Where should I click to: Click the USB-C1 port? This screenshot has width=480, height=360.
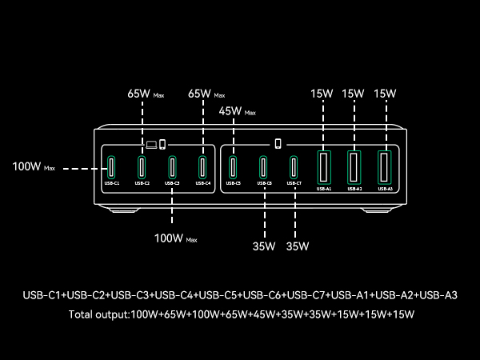click(112, 168)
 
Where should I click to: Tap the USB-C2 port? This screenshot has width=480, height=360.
click(142, 168)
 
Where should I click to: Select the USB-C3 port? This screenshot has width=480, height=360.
click(172, 168)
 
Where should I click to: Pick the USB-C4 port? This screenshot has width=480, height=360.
click(202, 168)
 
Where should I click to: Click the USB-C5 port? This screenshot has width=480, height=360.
click(234, 168)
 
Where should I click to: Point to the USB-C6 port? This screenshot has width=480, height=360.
click(264, 168)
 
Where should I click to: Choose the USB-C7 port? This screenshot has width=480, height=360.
click(294, 168)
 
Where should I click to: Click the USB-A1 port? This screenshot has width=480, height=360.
click(323, 168)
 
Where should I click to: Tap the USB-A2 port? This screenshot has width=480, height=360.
click(354, 167)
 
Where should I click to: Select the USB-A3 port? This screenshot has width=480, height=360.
click(384, 168)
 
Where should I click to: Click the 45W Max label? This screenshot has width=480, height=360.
click(237, 111)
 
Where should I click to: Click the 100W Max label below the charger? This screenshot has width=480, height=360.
click(175, 238)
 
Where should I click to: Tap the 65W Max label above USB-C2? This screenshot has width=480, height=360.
click(147, 94)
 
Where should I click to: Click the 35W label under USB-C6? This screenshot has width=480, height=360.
click(264, 246)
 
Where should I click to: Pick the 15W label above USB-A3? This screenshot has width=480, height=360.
click(385, 94)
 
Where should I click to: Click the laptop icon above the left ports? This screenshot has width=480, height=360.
click(151, 144)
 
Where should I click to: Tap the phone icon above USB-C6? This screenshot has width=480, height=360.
click(278, 144)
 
